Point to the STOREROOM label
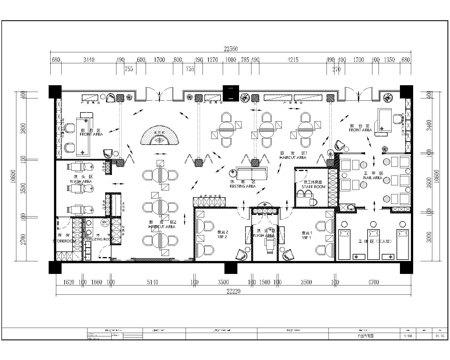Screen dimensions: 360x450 65,241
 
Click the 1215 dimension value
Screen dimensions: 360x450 292,60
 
